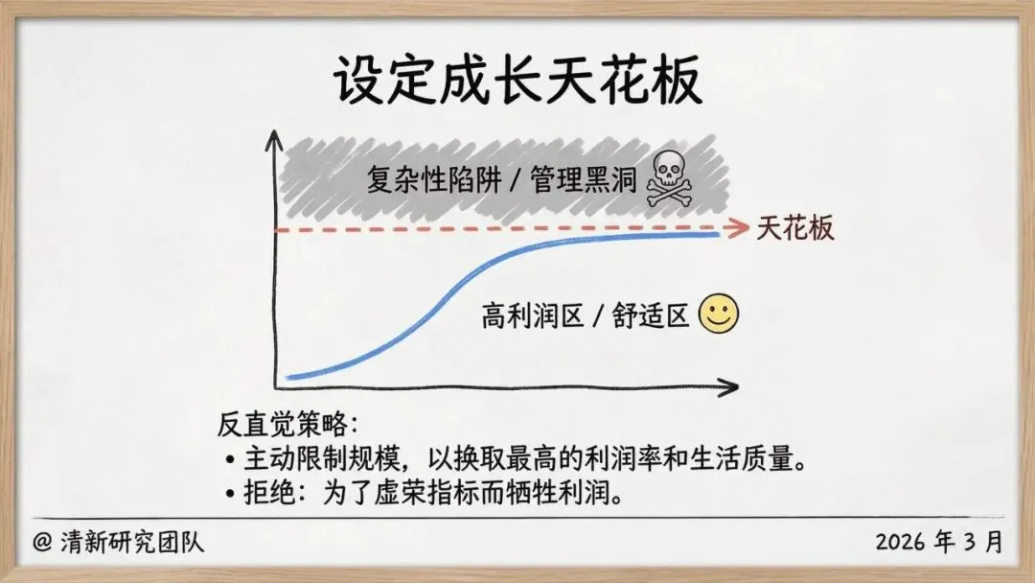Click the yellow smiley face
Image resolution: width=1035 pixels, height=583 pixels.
coord(719,315)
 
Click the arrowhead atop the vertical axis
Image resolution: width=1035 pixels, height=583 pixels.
coord(276,136)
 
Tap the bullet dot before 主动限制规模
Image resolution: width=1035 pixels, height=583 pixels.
coord(229,460)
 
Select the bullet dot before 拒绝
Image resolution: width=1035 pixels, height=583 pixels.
coord(229,495)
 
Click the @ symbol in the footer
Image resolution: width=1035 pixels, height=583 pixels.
coord(42,543)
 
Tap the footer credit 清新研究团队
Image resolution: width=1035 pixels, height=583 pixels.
coord(133,543)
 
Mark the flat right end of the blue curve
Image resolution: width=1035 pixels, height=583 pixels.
coord(717,234)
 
